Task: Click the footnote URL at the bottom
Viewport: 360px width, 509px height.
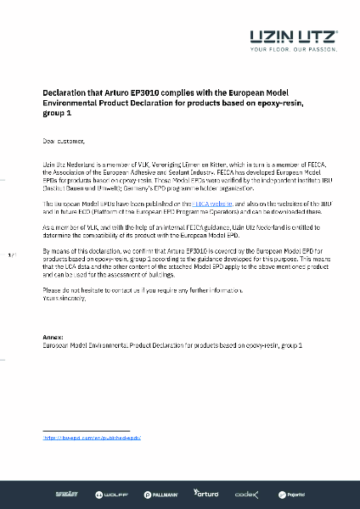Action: point(91,438)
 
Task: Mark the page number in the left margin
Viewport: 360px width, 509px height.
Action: point(11,255)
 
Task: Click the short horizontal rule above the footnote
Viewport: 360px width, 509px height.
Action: point(85,430)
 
